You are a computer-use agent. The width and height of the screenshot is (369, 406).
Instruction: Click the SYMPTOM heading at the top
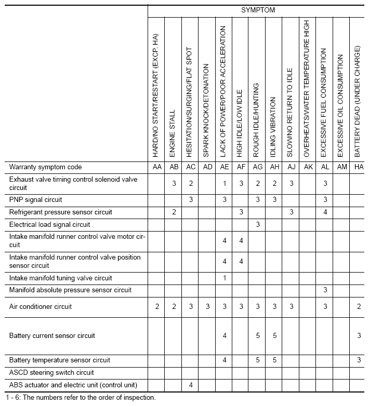[x=258, y=9]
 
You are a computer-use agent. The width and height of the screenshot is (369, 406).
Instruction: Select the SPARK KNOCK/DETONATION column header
[x=207, y=111]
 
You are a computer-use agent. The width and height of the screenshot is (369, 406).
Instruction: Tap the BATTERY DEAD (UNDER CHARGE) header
[x=358, y=102]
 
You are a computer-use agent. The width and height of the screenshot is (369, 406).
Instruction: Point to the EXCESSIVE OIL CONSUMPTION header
[x=341, y=105]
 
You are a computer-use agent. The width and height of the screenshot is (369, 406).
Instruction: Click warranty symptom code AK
[x=308, y=167]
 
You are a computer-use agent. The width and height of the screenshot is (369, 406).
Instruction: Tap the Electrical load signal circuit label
[x=50, y=225]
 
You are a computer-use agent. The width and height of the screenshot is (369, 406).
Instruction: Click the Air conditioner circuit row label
[x=41, y=307]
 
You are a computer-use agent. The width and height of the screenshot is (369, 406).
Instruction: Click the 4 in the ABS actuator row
[x=191, y=385]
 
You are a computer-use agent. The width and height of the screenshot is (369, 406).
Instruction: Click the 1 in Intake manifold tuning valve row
[x=224, y=278]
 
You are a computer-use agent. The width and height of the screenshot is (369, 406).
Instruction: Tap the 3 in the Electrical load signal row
[x=257, y=225]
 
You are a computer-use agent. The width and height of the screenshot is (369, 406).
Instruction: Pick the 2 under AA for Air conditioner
[x=156, y=307]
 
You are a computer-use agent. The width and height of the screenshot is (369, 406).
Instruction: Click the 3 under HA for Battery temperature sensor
[x=359, y=360]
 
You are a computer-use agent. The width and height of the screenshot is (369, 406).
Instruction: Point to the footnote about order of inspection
[x=78, y=398]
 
